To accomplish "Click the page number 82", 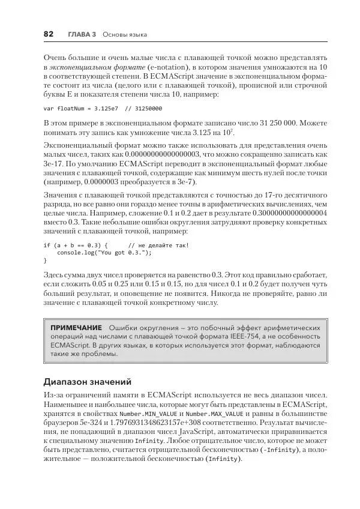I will tap(49, 34).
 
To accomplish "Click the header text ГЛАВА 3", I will tap(82, 35).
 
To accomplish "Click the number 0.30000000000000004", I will tap(290, 212).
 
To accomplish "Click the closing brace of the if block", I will tap(45, 261).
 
